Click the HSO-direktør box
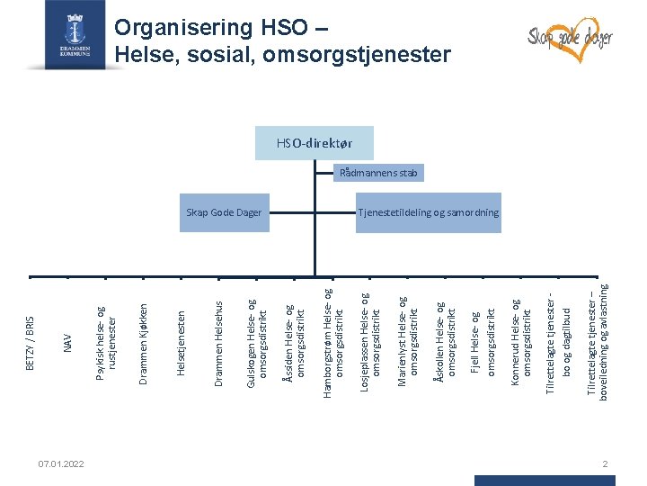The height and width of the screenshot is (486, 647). tap(314, 143)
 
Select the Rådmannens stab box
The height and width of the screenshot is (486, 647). tap(378, 173)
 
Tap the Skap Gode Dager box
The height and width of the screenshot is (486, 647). tap(224, 213)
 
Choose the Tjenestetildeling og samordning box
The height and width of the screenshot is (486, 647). tap(429, 213)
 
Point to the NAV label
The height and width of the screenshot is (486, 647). tap(67, 343)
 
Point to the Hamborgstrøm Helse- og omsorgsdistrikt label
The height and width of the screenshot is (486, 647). tap(332, 342)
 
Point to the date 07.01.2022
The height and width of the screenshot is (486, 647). tap(62, 463)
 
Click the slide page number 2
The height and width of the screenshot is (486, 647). tap(607, 463)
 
